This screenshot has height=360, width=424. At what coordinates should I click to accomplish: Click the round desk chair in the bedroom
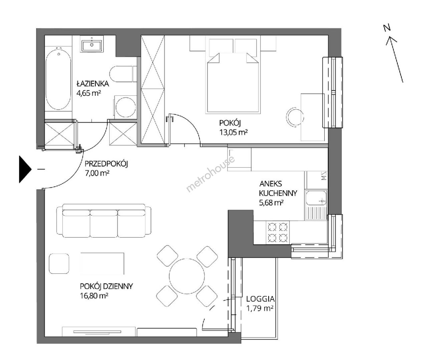(x=295, y=117)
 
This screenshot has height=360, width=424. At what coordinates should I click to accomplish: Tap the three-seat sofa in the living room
(x=104, y=221)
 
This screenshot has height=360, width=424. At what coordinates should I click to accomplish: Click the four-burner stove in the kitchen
(x=278, y=232)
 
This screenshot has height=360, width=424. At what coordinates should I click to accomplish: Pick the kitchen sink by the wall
(x=316, y=205)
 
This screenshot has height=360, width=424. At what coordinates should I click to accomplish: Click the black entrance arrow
(x=25, y=169)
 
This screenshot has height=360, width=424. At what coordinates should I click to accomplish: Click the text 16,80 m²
(x=94, y=296)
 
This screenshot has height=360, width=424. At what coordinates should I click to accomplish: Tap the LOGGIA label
(x=260, y=299)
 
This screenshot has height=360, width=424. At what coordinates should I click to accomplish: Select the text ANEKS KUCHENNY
(x=278, y=188)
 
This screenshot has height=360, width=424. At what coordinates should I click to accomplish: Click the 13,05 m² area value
(x=234, y=132)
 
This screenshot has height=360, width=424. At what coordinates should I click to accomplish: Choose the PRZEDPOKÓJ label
(x=106, y=164)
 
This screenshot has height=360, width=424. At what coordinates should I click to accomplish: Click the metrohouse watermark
(x=210, y=174)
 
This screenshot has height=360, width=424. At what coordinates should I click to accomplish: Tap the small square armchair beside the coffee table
(x=59, y=263)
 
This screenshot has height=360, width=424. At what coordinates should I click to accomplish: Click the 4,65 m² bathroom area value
(x=89, y=93)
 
